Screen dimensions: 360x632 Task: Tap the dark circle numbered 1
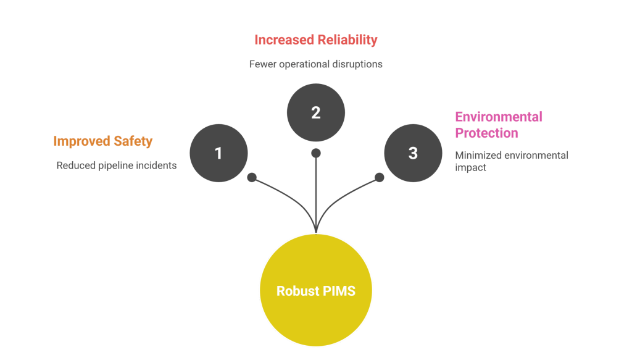[218, 153]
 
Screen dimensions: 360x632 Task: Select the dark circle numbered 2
[315, 112]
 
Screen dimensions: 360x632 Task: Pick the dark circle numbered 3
[413, 153]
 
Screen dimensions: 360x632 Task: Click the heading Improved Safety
[102, 141]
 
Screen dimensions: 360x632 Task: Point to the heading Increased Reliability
[315, 40]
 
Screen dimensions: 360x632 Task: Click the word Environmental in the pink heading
[499, 117]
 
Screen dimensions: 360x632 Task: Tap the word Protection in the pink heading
[486, 133]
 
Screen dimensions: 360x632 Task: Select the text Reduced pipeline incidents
[116, 165]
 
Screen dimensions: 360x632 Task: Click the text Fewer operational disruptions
[315, 64]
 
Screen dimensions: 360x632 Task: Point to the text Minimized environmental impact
[511, 161]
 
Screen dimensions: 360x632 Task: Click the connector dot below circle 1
[252, 178]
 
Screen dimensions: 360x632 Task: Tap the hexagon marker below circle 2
[316, 153]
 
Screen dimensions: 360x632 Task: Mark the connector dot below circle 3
[380, 178]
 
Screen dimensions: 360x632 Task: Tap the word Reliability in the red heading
[347, 40]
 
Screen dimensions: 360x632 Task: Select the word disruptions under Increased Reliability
[357, 64]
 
